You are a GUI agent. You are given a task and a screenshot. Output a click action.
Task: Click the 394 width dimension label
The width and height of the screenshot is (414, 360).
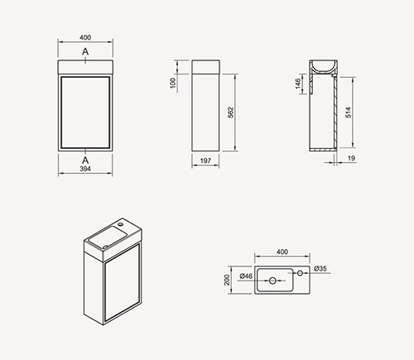pyautogui.click(x=85, y=169)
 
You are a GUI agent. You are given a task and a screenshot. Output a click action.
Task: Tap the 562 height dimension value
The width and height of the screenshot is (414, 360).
pyautogui.click(x=231, y=113)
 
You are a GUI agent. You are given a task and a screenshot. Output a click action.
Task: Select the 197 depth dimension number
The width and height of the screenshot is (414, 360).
pyautogui.click(x=205, y=161)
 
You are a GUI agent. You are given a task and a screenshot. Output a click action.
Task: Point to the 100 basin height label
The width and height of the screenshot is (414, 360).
pyautogui.click(x=173, y=83)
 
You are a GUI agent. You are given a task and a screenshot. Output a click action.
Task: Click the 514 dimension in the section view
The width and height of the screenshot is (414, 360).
pyautogui.click(x=349, y=113)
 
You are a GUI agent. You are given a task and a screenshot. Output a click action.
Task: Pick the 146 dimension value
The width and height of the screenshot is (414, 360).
pyautogui.click(x=298, y=84)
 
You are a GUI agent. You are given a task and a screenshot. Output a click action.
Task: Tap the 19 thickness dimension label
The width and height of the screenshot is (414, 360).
pyautogui.click(x=351, y=158)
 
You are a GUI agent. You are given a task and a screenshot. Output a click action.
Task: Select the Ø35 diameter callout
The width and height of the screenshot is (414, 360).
pyautogui.click(x=320, y=268)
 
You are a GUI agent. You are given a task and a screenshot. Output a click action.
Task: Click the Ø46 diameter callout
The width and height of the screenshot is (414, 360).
pyautogui.click(x=246, y=276)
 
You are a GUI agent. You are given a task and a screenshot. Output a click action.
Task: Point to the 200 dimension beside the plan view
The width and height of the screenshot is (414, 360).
pyautogui.click(x=227, y=280)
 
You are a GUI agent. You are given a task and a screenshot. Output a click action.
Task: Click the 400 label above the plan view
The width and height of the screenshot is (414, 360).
pyautogui.click(x=282, y=252)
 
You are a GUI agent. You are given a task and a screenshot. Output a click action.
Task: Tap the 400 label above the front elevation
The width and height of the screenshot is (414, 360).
pyautogui.click(x=85, y=37)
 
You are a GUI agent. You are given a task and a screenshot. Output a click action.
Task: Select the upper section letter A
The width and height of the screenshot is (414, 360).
pyautogui.click(x=85, y=51)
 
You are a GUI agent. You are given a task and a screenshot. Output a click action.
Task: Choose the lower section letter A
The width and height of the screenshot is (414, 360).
pyautogui.click(x=85, y=160)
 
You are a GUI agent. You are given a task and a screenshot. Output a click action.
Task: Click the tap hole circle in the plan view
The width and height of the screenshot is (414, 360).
pyautogui.click(x=300, y=273)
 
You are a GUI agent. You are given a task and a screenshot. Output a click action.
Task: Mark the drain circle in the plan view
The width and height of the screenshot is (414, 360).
pyautogui.click(x=272, y=281)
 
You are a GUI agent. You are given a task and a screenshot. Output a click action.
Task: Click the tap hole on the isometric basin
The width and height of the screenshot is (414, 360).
pyautogui.click(x=120, y=223)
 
